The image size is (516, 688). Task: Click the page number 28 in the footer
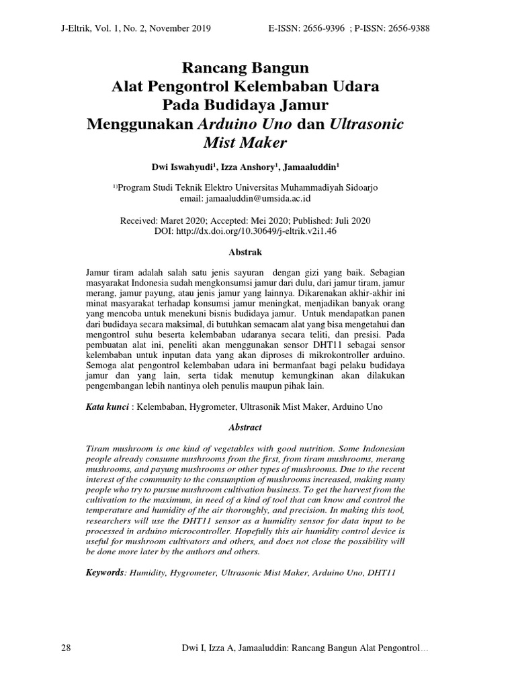tap(66, 648)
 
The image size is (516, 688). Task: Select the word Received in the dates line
tap(139, 220)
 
